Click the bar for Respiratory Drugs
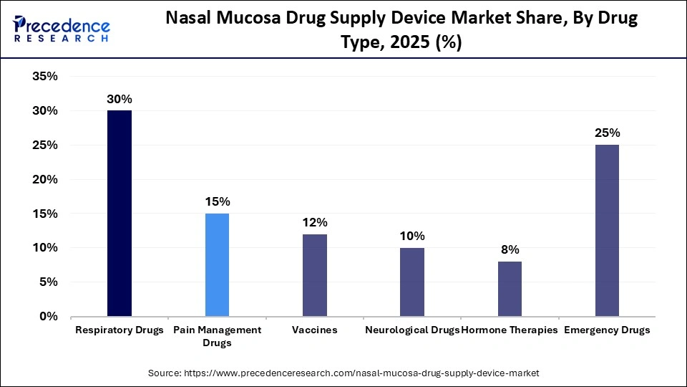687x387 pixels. [x=120, y=214]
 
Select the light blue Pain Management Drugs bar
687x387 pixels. [x=217, y=264]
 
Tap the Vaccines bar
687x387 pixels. [x=314, y=275]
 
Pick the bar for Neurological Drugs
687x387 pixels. [x=412, y=282]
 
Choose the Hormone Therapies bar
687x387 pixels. [x=510, y=289]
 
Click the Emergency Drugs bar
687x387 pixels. [x=607, y=231]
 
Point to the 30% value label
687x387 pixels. [x=120, y=100]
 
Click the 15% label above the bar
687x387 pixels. [x=217, y=202]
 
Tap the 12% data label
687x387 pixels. [x=314, y=223]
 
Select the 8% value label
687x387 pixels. [x=510, y=250]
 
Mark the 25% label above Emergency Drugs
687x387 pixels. [x=607, y=133]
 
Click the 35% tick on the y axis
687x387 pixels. [x=44, y=77]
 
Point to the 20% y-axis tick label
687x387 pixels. [x=44, y=180]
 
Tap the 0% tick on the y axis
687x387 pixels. [x=49, y=316]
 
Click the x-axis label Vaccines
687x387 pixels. [x=314, y=330]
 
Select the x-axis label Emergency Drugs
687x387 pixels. [x=607, y=330]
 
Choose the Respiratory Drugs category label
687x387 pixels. [x=120, y=330]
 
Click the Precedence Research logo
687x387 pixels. [x=62, y=29]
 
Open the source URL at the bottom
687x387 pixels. [x=343, y=373]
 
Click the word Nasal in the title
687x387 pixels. [x=190, y=19]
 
